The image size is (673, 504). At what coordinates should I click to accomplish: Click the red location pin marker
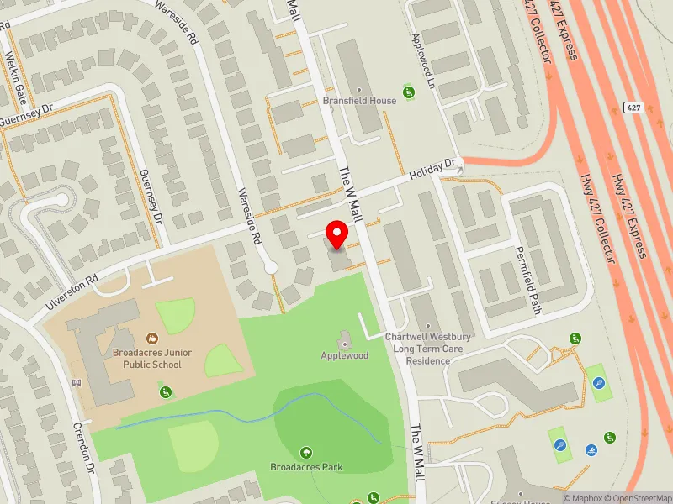[337, 235]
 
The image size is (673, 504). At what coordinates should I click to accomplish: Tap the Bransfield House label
[359, 101]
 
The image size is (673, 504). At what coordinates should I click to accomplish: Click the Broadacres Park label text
[306, 467]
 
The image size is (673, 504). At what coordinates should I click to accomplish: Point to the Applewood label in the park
[345, 356]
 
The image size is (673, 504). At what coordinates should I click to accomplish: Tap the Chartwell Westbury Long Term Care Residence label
[427, 349]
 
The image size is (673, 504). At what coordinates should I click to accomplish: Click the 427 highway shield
[632, 108]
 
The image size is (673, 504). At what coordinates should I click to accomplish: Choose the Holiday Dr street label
[432, 172]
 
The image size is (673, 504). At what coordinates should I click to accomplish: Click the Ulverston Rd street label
[73, 291]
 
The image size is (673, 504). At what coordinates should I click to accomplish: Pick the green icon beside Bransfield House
[409, 91]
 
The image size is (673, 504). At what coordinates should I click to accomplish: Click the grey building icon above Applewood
[344, 340]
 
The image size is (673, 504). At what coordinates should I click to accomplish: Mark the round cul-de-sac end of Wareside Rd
[270, 267]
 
